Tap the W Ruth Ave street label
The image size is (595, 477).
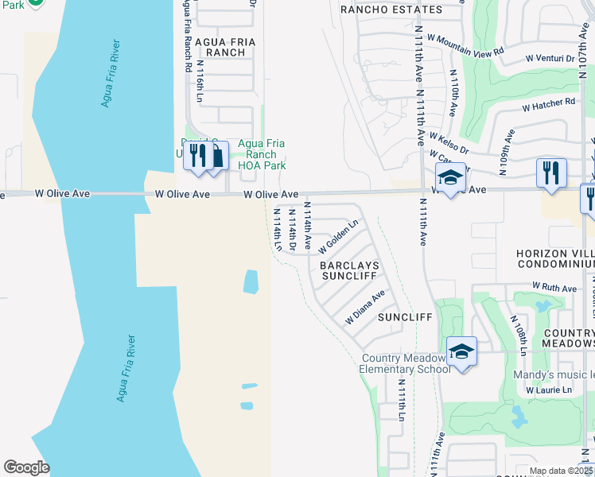pos(554,288)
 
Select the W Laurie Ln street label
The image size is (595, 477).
pos(549,390)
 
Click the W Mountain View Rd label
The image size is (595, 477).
pos(465,44)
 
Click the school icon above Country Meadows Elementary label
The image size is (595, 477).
pos(461,351)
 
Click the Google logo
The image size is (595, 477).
pos(26,467)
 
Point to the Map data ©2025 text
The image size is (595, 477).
pos(562,471)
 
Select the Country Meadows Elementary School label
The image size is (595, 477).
pos(405,363)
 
